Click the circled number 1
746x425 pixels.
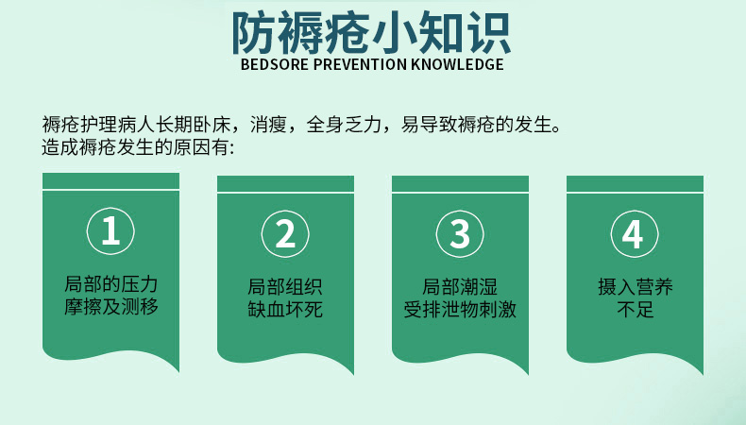[110, 232]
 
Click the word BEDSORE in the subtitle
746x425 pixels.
[272, 65]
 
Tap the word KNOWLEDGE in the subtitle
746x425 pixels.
[457, 65]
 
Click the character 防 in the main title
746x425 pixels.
[257, 32]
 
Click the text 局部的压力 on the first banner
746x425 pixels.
[110, 284]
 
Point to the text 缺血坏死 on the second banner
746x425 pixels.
[285, 309]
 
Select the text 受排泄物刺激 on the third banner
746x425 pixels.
[460, 309]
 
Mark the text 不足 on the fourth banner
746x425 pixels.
[635, 309]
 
